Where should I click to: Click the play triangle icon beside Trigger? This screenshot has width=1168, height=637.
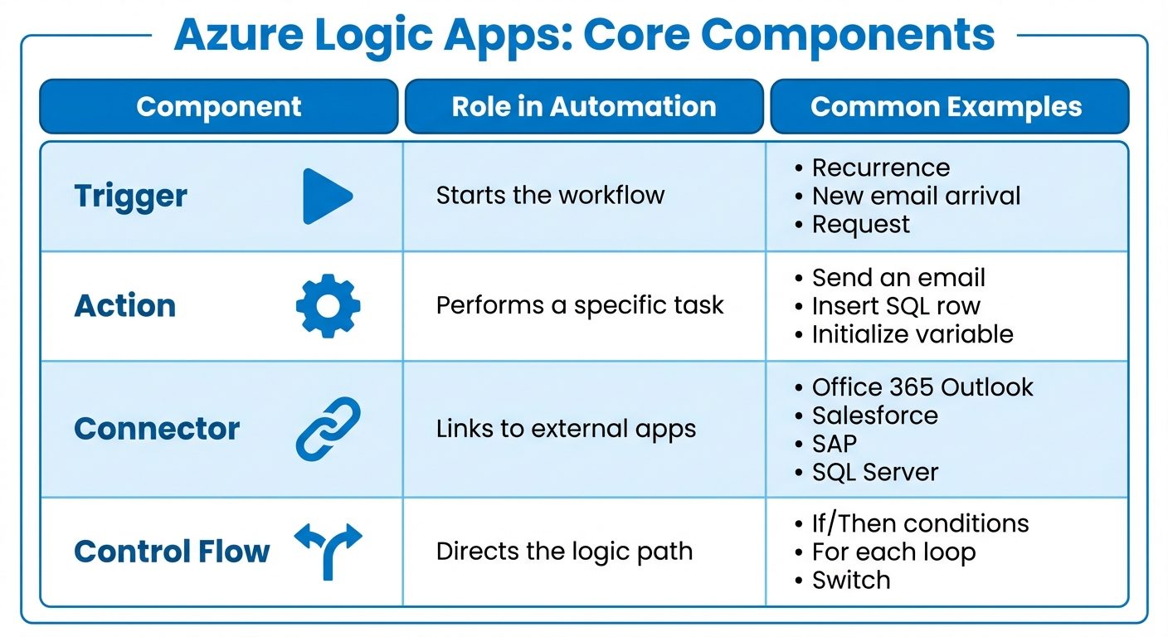[326, 197]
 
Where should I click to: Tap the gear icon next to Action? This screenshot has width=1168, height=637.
[328, 306]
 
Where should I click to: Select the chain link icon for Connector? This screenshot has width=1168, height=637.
[328, 429]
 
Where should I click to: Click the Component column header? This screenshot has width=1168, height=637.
[219, 106]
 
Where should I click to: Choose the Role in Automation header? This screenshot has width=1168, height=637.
[584, 106]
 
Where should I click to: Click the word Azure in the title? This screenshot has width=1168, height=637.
[241, 35]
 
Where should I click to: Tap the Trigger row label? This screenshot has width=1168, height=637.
[131, 197]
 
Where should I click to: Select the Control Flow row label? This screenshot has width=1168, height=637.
[172, 552]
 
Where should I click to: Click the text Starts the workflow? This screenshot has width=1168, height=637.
[550, 196]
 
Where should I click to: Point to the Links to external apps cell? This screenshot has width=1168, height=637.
[566, 430]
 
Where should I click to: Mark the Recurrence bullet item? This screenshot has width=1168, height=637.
[880, 168]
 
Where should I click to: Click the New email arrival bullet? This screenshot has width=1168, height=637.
[916, 196]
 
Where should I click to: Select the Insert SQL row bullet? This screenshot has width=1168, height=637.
[896, 306]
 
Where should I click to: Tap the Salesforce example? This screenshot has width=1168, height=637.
[874, 416]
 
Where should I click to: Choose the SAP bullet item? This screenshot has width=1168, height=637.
[834, 444]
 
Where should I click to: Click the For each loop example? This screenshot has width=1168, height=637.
[893, 552]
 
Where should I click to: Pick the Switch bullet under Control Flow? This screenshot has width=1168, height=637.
[850, 581]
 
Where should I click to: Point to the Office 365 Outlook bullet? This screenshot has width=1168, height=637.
[922, 387]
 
